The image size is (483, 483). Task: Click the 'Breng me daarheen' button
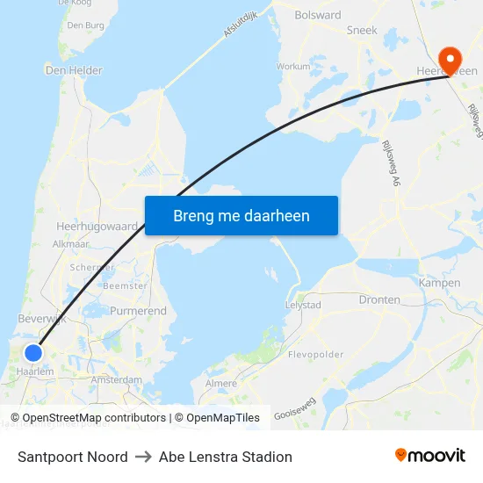point(241,215)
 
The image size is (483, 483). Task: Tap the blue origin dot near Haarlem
point(32,353)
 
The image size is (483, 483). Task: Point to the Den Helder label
point(74,70)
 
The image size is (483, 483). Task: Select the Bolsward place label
point(318,15)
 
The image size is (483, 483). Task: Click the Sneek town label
point(362,30)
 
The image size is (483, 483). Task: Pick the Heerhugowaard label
point(97,226)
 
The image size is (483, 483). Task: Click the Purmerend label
point(138,311)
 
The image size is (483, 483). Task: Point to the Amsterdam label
point(117,379)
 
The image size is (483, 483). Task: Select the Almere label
point(220,384)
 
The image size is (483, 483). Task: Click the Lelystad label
point(303,306)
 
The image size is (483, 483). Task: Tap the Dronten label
point(379,299)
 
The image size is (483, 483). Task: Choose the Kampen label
point(440,283)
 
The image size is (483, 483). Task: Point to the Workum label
point(293,66)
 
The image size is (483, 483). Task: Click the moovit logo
point(429,456)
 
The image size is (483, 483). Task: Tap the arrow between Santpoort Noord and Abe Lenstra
point(143,457)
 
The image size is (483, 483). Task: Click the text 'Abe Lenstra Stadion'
point(226,457)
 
